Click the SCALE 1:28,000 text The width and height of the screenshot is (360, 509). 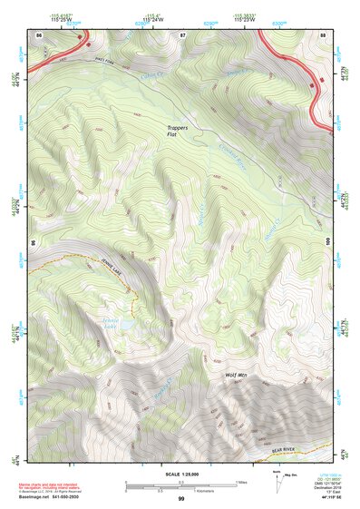180,475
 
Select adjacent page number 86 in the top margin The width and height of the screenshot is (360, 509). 38,34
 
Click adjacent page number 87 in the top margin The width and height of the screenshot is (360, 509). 181,34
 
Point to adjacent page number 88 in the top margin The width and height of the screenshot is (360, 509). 323,34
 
